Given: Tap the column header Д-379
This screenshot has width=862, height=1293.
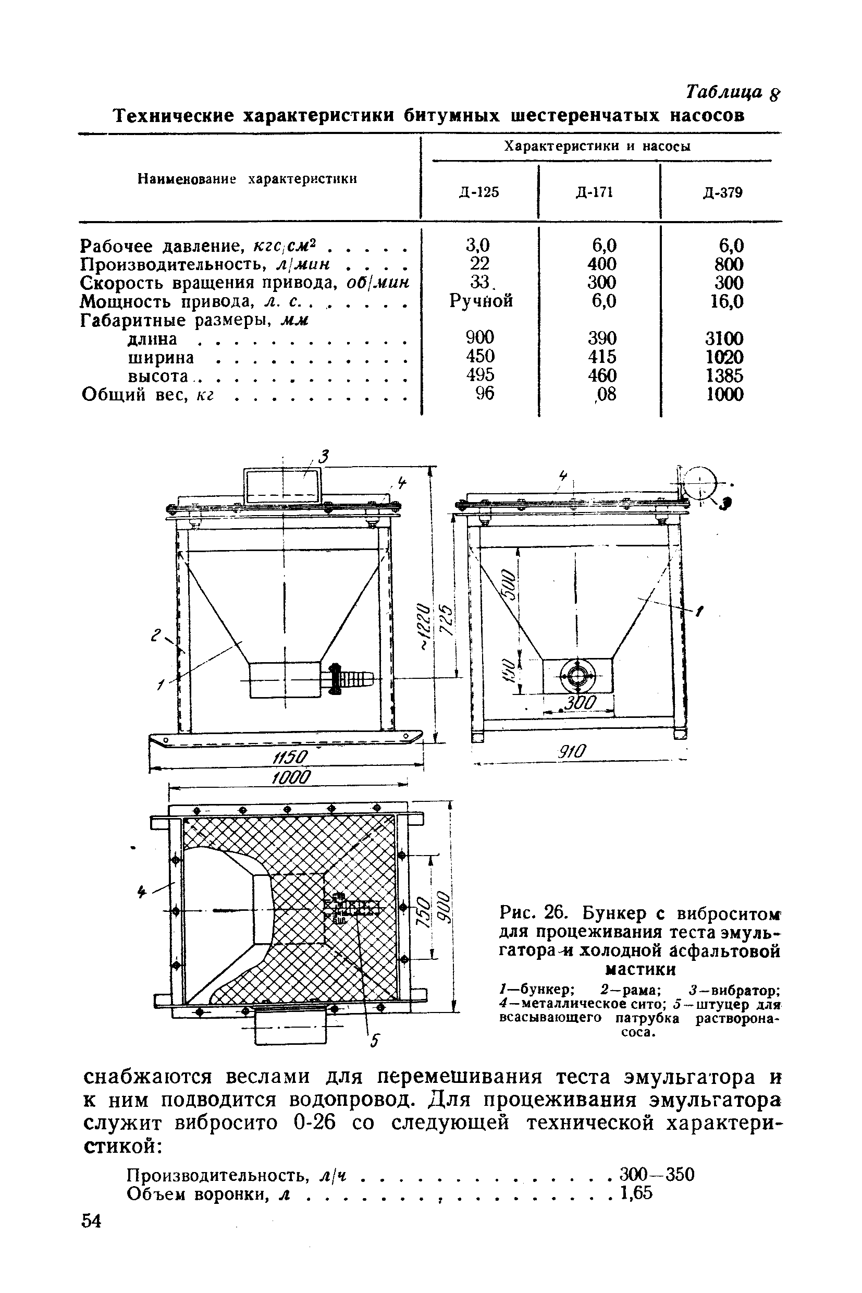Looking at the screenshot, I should tap(723, 192).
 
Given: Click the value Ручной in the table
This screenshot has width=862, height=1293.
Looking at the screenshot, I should tap(481, 301).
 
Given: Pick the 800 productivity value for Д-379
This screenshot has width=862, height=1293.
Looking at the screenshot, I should tap(729, 264).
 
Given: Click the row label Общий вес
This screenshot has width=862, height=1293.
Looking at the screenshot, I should tap(147, 395).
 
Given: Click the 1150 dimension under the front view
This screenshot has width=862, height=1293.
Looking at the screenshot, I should tap(289, 758).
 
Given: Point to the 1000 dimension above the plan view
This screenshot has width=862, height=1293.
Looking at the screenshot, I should tap(291, 777).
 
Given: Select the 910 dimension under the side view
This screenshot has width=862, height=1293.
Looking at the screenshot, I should tap(572, 751).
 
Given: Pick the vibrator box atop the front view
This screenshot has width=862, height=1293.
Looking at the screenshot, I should tap(280, 484).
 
